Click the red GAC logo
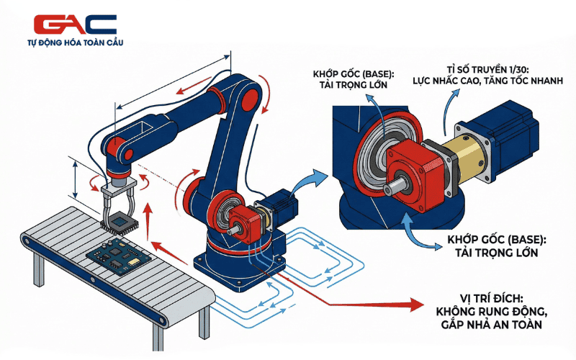tap(75, 24)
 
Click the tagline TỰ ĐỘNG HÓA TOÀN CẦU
tap(76, 42)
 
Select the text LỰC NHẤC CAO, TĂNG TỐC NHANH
tap(488, 81)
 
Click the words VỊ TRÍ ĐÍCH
tap(491, 298)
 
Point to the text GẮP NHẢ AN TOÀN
tap(492, 325)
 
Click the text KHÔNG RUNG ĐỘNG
tap(492, 312)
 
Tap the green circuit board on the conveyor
tap(118, 256)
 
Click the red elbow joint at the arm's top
tap(250, 99)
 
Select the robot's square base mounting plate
tap(239, 269)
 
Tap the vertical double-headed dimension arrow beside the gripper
tap(76, 181)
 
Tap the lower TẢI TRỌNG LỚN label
tap(497, 253)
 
